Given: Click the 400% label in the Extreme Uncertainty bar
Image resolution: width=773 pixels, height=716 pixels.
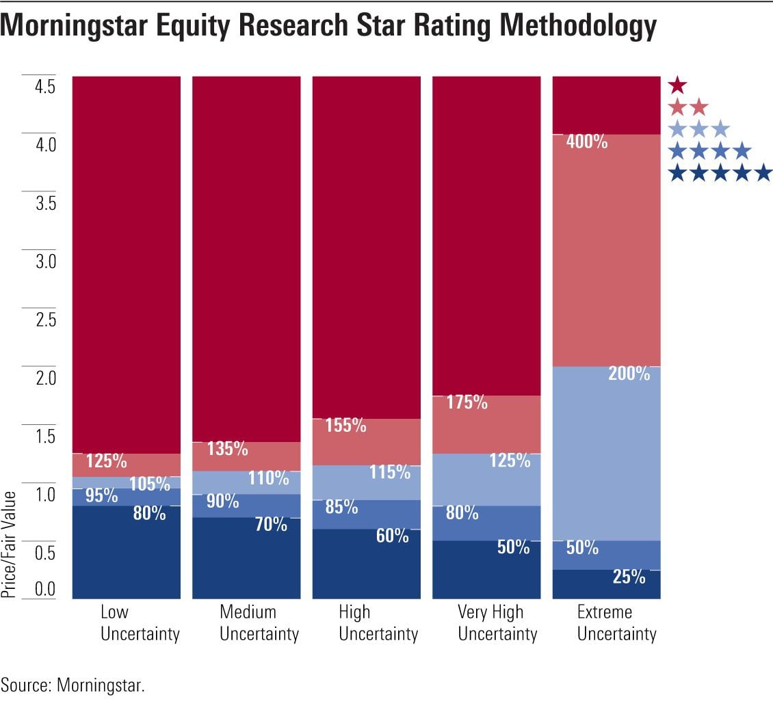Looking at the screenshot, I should coord(587,143).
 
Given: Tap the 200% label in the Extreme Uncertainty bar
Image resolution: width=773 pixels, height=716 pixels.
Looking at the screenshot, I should coord(629,374).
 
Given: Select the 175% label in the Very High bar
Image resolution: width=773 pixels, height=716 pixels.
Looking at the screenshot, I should coord(467,402).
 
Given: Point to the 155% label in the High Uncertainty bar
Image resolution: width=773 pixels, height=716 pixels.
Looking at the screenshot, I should coord(346,426).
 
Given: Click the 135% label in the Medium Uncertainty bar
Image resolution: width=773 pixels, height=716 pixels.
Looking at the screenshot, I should coord(227,449).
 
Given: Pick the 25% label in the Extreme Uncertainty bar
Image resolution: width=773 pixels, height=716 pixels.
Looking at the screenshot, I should coord(629,577).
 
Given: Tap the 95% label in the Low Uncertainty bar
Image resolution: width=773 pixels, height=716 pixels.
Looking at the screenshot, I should coord(102,495).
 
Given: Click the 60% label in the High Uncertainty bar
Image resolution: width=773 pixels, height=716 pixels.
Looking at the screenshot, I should coord(392,536).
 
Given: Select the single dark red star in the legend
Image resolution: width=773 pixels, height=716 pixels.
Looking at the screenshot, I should coord(677,85).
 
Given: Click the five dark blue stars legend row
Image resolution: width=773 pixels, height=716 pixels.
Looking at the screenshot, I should coord(720,174).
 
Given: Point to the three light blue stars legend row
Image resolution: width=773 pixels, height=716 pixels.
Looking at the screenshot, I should coord(698,129).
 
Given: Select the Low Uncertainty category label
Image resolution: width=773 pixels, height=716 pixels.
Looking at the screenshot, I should coord(140,622).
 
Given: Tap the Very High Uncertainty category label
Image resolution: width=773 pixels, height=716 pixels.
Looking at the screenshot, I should coord(497,622).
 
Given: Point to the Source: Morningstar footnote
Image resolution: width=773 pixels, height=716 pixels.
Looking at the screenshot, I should coord(73,685).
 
